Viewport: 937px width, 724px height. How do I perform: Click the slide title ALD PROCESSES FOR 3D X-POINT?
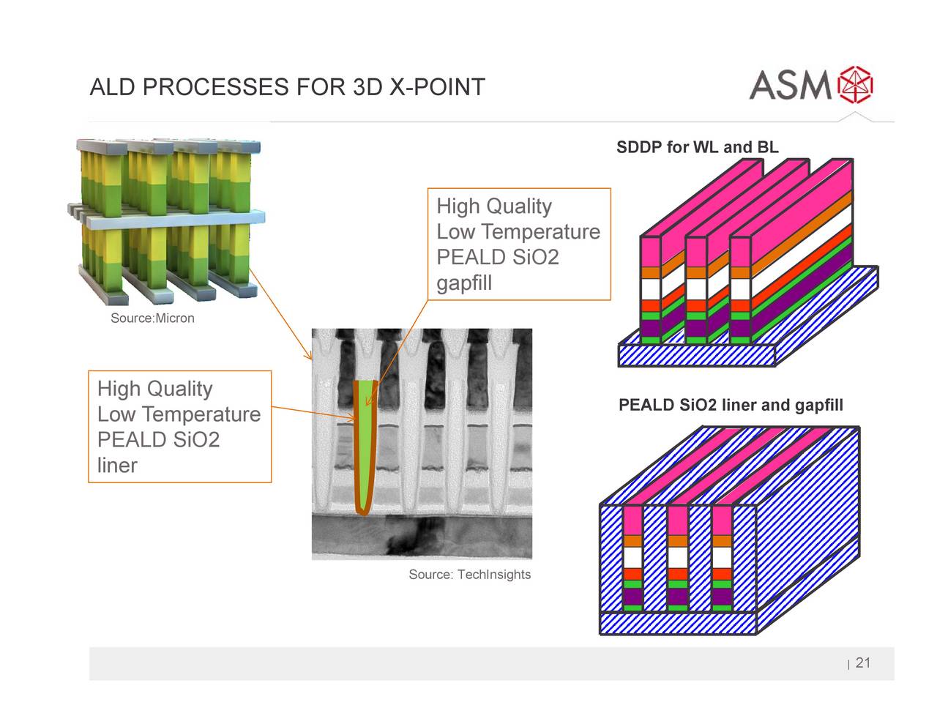pyautogui.click(x=287, y=87)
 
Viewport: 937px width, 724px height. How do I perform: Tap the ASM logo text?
pyautogui.click(x=790, y=85)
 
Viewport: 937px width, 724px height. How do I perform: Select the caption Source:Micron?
pyautogui.click(x=152, y=318)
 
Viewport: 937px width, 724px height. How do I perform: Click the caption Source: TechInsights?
pyautogui.click(x=469, y=575)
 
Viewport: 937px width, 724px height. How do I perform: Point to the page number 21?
pyautogui.click(x=862, y=663)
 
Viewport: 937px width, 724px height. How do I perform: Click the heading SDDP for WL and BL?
pyautogui.click(x=697, y=147)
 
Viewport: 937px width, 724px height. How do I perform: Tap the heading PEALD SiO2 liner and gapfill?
pyautogui.click(x=731, y=406)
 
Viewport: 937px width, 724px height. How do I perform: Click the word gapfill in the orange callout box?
pyautogui.click(x=464, y=283)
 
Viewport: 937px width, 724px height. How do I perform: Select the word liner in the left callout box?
pyautogui.click(x=117, y=466)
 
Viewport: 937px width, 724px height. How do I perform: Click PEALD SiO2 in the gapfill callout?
pyautogui.click(x=497, y=258)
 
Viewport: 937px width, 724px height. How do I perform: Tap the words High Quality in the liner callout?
pyautogui.click(x=154, y=389)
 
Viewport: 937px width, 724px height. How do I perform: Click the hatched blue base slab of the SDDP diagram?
pyautogui.click(x=695, y=355)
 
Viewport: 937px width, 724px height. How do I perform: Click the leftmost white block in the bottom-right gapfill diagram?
pyautogui.click(x=632, y=558)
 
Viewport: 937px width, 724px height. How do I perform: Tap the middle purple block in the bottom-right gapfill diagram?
pyautogui.click(x=677, y=597)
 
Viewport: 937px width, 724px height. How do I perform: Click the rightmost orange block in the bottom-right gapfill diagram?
pyautogui.click(x=722, y=542)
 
